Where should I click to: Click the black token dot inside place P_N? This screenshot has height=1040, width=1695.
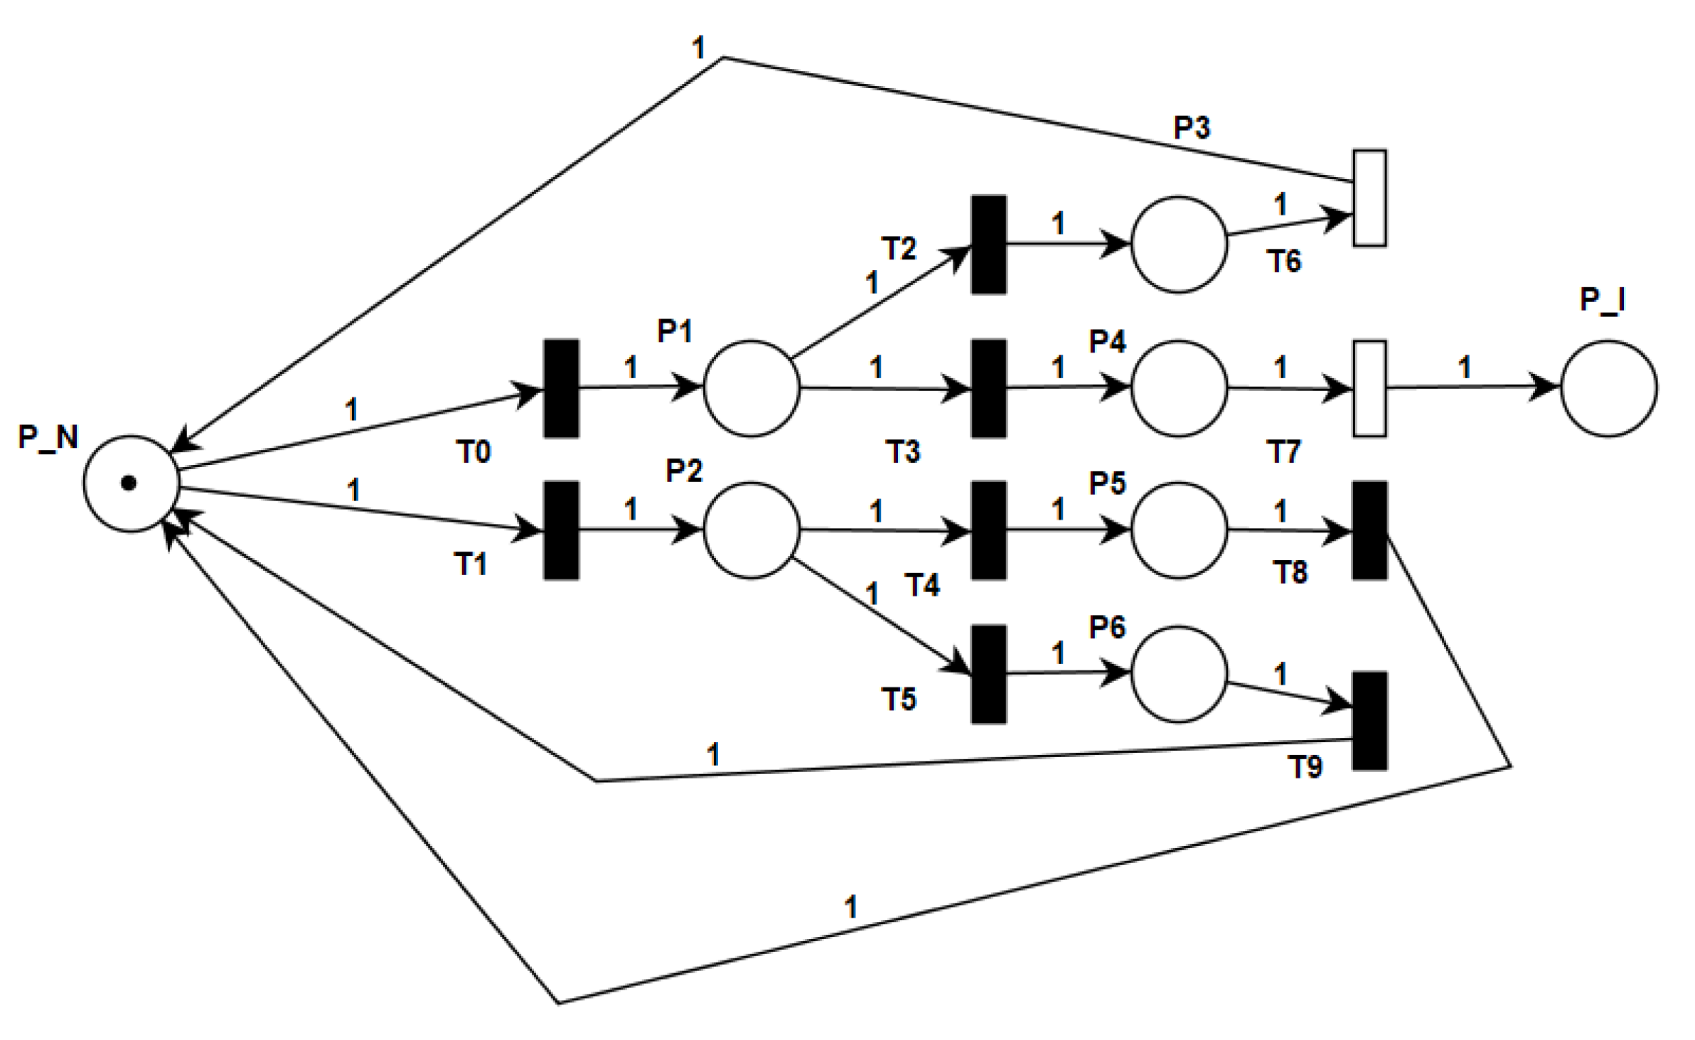click(x=129, y=483)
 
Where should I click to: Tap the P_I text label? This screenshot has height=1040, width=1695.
click(x=1603, y=300)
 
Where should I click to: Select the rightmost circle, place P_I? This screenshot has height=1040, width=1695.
click(x=1609, y=388)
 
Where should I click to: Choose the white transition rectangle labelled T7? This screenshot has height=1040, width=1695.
click(x=1369, y=388)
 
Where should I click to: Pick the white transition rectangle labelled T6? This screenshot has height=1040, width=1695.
click(x=1369, y=198)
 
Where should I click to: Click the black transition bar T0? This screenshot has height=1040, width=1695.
click(x=561, y=388)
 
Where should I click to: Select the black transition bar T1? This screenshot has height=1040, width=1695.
click(x=561, y=530)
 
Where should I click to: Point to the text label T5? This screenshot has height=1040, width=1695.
click(x=899, y=699)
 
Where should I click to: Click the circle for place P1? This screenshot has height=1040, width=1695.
click(x=752, y=388)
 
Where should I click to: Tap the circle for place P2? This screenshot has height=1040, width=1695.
click(x=752, y=530)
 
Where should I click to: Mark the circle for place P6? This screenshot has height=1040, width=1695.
click(x=1179, y=674)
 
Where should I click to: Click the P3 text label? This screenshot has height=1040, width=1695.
click(x=1192, y=128)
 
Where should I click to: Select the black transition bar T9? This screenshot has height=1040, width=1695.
click(x=1369, y=721)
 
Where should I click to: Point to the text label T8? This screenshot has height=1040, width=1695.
click(x=1289, y=572)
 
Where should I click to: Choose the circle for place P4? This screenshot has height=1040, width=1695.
click(x=1179, y=388)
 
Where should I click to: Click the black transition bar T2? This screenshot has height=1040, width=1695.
click(x=989, y=245)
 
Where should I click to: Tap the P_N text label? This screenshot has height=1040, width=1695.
click(x=48, y=436)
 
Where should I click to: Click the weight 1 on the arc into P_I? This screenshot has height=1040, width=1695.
click(x=1465, y=368)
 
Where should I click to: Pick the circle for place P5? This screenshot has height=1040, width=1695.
click(x=1179, y=530)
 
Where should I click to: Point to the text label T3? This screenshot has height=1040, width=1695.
click(x=903, y=451)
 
